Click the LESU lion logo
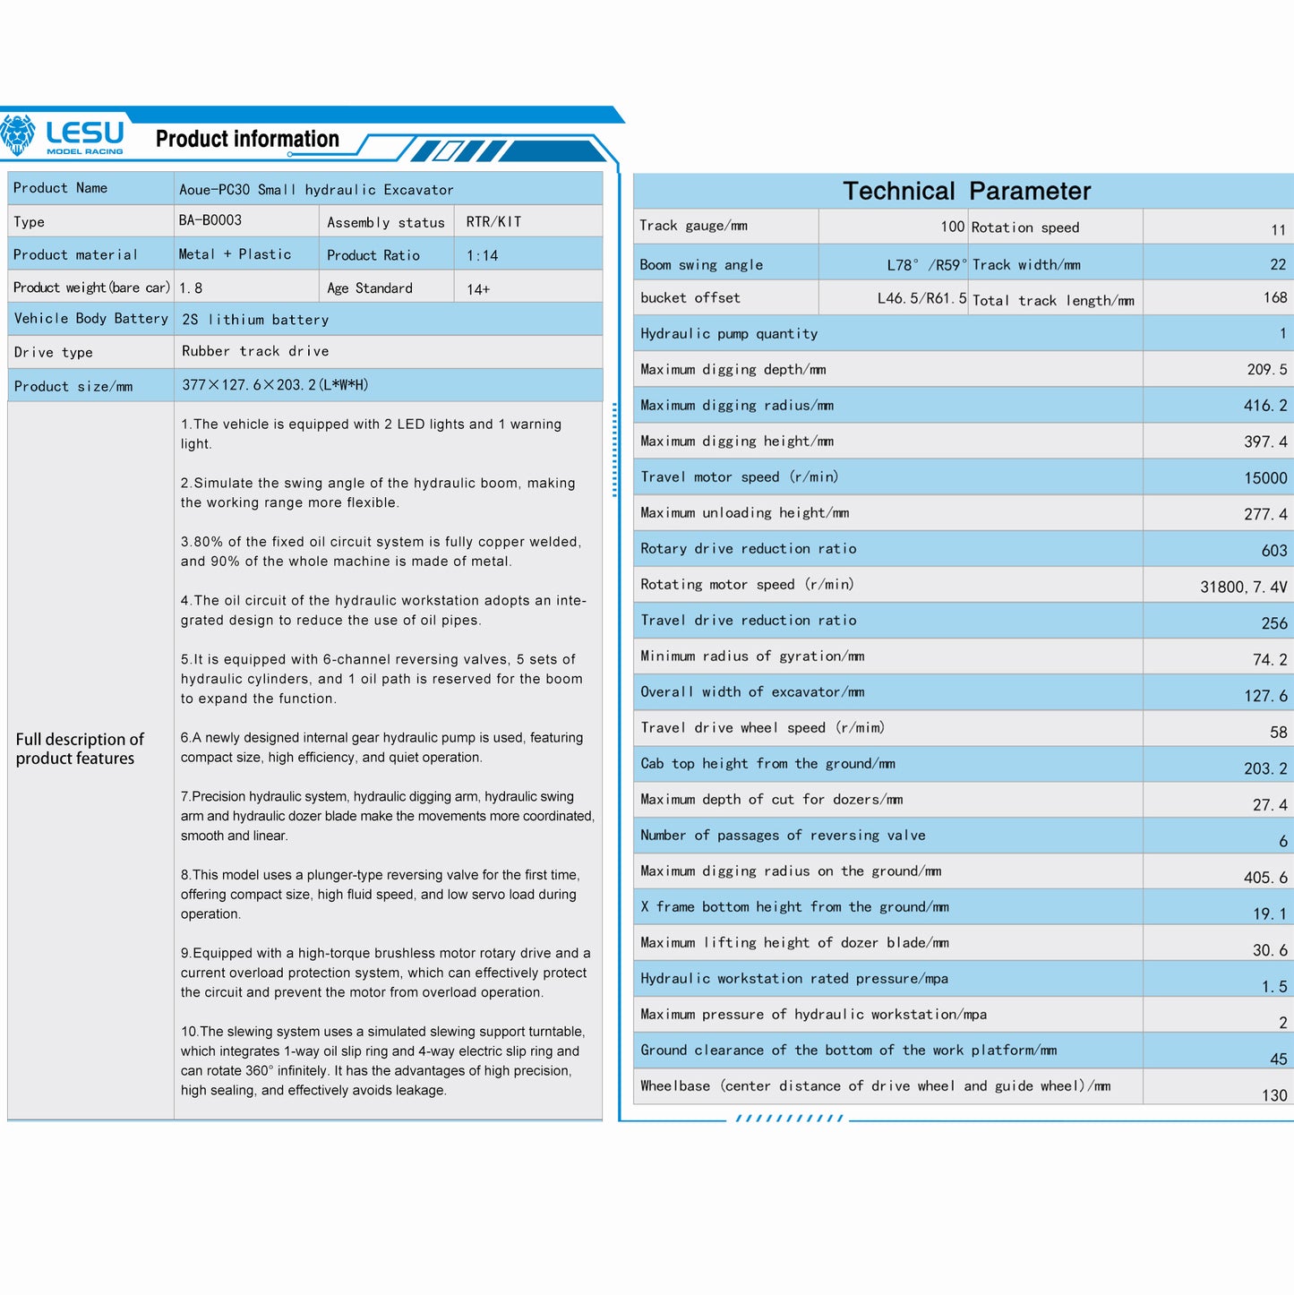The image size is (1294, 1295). point(18,135)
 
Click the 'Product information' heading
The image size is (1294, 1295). point(247,139)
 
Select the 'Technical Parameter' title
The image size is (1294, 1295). point(966,191)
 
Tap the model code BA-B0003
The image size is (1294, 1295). point(210,220)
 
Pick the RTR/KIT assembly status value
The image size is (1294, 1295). point(493,222)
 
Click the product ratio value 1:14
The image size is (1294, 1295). point(482,256)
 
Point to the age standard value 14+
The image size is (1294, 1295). point(478,289)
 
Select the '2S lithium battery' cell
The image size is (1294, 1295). point(255,320)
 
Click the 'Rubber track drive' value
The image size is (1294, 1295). point(255,351)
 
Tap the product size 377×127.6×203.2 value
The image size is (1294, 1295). point(275,385)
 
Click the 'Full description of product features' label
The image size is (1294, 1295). point(80,749)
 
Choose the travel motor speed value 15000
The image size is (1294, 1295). point(1265,478)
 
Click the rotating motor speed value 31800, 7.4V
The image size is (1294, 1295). point(1243,587)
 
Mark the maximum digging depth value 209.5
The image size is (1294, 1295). point(1266,370)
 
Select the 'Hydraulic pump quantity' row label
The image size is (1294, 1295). point(729,334)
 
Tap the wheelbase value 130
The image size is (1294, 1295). point(1273,1095)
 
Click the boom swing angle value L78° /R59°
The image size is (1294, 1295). point(926,265)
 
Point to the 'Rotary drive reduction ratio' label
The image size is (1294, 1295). point(748,549)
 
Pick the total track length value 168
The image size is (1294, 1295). point(1274,297)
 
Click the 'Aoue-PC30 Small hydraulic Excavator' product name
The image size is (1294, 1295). point(316,190)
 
